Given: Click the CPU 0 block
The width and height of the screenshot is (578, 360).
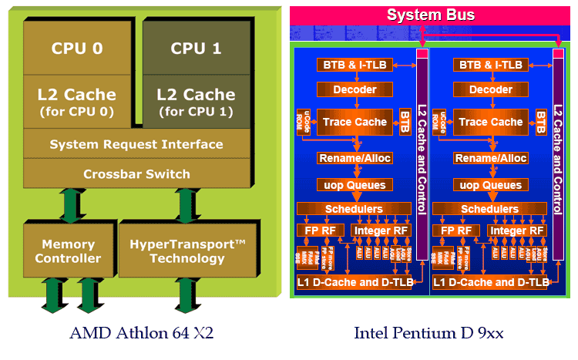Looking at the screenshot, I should (x=76, y=48).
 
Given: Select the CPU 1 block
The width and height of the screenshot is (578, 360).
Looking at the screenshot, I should (x=196, y=48).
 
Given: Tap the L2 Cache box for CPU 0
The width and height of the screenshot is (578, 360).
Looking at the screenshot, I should (x=76, y=101).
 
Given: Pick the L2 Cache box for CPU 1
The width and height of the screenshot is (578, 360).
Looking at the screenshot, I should (x=196, y=101).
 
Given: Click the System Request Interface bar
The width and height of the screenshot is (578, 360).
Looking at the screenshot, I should (x=136, y=144).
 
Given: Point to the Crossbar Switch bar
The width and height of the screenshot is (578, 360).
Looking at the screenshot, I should (x=136, y=173).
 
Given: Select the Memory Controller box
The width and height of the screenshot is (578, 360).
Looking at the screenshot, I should (x=68, y=251).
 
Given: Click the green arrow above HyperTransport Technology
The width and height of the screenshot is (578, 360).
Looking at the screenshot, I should (x=185, y=205).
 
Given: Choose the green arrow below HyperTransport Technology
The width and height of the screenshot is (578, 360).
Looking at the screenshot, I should (x=185, y=296).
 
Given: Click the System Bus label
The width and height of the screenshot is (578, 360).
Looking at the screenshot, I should (x=431, y=15).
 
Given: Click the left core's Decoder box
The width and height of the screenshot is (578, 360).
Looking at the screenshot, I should (x=355, y=90).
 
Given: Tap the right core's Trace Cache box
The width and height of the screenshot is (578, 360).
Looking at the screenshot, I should (x=490, y=122).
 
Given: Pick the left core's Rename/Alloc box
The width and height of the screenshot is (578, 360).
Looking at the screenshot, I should (x=355, y=158).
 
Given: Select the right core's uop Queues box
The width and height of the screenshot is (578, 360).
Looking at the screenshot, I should (x=490, y=185).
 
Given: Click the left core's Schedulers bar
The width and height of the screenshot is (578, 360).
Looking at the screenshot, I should (x=355, y=209).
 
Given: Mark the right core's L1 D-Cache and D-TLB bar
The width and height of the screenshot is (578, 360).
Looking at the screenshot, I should (x=491, y=283).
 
